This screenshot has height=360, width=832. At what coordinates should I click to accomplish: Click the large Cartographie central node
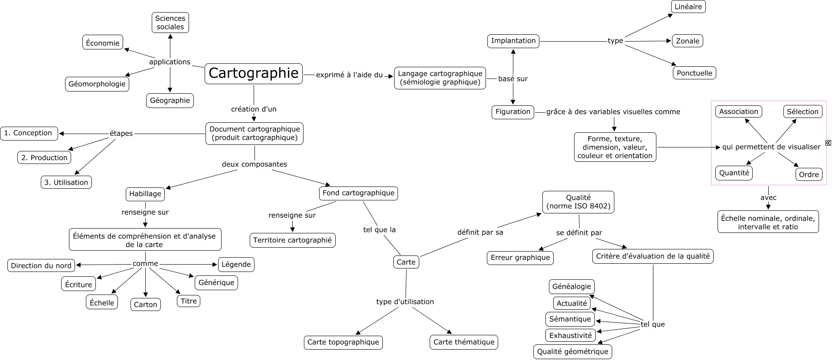[x=254, y=73]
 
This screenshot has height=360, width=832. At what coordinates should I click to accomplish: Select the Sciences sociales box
[x=170, y=23]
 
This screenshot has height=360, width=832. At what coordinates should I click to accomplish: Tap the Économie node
[x=103, y=43]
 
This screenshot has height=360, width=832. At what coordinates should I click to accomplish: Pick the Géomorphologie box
[x=97, y=84]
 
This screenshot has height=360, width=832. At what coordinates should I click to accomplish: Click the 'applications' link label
[x=170, y=62]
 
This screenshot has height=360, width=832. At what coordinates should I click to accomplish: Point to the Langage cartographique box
[x=440, y=78]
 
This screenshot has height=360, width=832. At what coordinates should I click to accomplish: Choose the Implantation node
[x=513, y=41]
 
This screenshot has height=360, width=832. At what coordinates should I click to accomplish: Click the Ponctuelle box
[x=694, y=73]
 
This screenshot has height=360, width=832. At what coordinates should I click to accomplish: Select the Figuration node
[x=513, y=112]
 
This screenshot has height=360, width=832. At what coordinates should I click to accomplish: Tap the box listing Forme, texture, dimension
[x=615, y=147]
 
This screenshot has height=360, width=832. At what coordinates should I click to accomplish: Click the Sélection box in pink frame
[x=803, y=111]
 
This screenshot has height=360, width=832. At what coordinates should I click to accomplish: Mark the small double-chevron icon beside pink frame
[x=828, y=143]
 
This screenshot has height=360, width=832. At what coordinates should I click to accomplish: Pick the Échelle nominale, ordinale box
[x=768, y=222]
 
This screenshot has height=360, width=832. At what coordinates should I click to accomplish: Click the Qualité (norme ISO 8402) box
[x=578, y=202]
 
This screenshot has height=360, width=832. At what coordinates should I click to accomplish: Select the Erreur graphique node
[x=520, y=258]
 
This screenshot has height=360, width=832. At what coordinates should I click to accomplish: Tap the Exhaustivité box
[x=570, y=335]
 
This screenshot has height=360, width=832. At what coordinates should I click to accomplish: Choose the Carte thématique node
[x=464, y=342]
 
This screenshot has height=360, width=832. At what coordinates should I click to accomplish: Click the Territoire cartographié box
[x=292, y=240]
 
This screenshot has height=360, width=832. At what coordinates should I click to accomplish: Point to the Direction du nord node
[x=41, y=265]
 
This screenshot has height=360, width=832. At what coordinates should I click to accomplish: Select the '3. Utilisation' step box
[x=66, y=182]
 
